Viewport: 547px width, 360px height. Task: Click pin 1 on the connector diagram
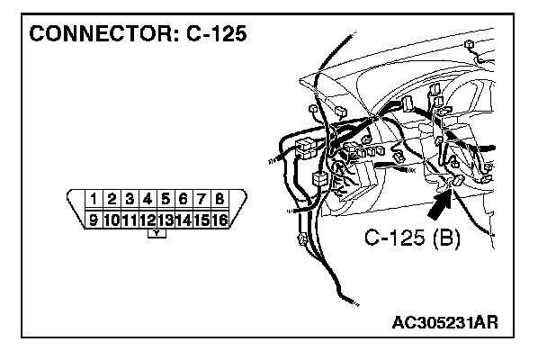tap(94, 198)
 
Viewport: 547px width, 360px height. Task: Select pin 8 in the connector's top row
tap(220, 198)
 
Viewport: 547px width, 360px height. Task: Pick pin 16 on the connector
tap(219, 219)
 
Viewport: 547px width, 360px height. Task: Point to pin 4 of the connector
tap(148, 198)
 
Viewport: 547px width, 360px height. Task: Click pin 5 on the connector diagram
tap(166, 198)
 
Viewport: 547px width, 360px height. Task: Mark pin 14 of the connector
tap(183, 219)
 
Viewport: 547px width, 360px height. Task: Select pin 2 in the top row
tap(112, 198)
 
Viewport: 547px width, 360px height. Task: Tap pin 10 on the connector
tap(110, 219)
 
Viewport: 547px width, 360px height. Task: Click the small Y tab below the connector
tap(157, 233)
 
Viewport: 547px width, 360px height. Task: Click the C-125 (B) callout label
tap(412, 239)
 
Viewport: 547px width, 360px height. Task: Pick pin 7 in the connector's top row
tap(202, 198)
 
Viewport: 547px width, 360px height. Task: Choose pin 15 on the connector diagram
tap(201, 219)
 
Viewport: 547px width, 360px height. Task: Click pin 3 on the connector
tap(130, 198)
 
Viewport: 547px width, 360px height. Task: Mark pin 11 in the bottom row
tap(128, 219)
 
